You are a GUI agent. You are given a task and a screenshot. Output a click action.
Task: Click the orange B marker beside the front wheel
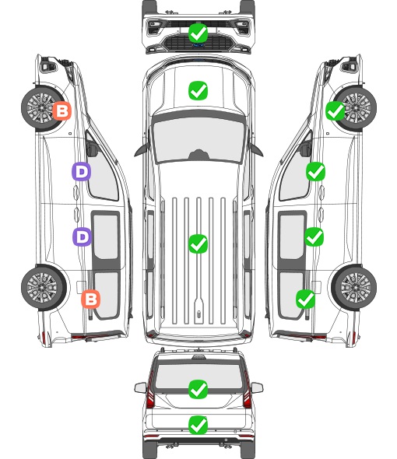point(61,110)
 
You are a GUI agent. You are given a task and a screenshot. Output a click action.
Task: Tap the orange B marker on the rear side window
point(91,299)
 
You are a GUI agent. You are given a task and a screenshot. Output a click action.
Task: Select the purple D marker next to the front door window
point(81,171)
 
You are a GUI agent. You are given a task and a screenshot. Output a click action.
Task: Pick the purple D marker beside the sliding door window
point(82,237)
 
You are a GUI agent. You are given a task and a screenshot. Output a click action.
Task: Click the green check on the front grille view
point(198,33)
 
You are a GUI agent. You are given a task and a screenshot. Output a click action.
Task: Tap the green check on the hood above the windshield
point(198,90)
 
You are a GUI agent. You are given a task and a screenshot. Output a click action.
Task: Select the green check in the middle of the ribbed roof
point(198,244)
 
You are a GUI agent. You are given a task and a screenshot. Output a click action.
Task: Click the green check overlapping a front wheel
point(336,111)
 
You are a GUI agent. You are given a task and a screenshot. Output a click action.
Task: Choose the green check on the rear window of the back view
point(198,389)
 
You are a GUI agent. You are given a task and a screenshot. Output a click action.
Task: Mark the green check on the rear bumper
point(198,425)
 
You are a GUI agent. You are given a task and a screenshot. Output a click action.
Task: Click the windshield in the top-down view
point(198,140)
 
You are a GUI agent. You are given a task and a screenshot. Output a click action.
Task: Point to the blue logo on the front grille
point(198,45)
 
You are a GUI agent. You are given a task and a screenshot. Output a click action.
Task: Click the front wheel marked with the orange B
point(41,108)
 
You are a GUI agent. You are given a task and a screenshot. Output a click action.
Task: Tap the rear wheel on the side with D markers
point(43,288)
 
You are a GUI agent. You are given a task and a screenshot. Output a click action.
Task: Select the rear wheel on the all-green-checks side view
point(355,288)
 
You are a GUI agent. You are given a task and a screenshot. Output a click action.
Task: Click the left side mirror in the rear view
point(141,387)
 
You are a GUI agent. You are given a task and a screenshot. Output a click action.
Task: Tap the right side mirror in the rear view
point(257,387)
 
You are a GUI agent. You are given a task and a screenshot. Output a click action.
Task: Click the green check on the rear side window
point(306,299)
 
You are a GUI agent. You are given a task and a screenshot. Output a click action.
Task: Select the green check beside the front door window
point(315,171)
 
